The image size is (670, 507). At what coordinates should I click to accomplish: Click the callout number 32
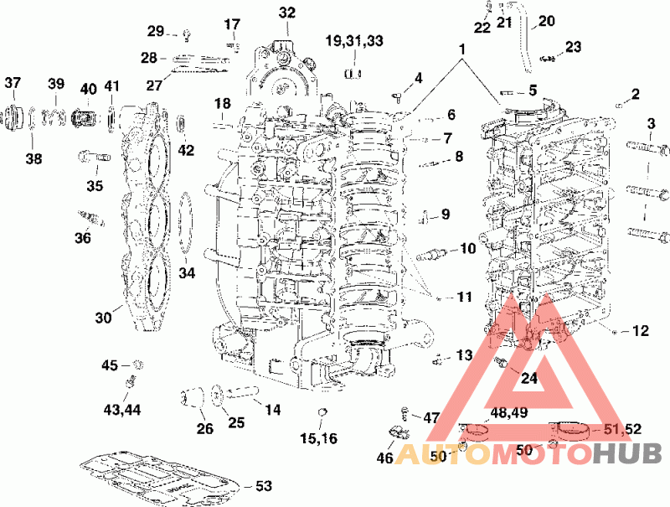287,13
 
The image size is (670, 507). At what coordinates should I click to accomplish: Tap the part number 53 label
264,486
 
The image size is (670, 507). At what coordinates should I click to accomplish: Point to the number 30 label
102,318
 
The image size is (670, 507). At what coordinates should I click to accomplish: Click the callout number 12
640,331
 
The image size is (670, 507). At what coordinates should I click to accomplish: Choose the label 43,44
122,409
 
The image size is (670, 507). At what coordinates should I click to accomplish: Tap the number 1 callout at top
461,49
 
